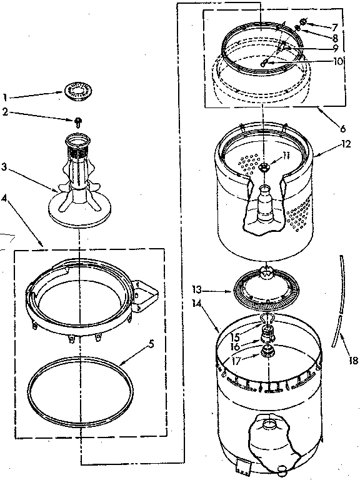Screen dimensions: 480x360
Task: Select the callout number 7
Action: pyautogui.click(x=335, y=27)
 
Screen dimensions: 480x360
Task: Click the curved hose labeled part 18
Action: pyautogui.click(x=337, y=300)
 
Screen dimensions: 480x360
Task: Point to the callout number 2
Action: pyautogui.click(x=5, y=112)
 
